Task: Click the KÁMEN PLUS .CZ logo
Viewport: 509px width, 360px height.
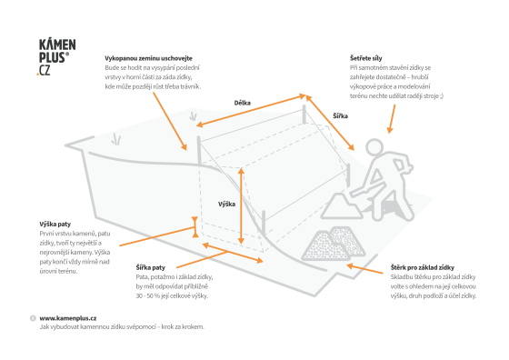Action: click(x=56, y=57)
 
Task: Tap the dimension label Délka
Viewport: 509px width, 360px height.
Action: click(x=242, y=103)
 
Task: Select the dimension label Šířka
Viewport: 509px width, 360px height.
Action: click(x=340, y=115)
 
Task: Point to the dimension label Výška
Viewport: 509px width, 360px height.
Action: click(x=226, y=204)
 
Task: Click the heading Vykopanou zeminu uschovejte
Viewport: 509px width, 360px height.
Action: click(x=148, y=58)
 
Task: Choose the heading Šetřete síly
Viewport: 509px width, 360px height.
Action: click(x=365, y=58)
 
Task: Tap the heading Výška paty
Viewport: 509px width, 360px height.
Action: click(x=55, y=224)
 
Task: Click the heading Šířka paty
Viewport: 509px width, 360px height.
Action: click(x=151, y=267)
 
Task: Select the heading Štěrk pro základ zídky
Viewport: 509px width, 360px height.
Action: click(x=423, y=267)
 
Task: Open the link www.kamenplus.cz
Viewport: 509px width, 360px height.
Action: click(x=68, y=318)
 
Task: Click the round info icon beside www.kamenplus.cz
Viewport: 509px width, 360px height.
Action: click(x=33, y=318)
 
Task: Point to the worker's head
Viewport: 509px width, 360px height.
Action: click(x=374, y=147)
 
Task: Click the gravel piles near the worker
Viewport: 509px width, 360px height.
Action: click(x=334, y=243)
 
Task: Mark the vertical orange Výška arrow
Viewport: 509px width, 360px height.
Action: click(x=241, y=205)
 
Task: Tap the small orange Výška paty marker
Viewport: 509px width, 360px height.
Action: click(x=195, y=227)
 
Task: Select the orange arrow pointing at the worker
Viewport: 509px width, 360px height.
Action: click(x=392, y=119)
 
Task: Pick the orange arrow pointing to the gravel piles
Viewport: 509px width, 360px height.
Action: click(x=364, y=269)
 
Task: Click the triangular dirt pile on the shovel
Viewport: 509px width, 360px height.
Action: click(x=341, y=205)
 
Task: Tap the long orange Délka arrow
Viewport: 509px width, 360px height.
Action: click(x=251, y=110)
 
